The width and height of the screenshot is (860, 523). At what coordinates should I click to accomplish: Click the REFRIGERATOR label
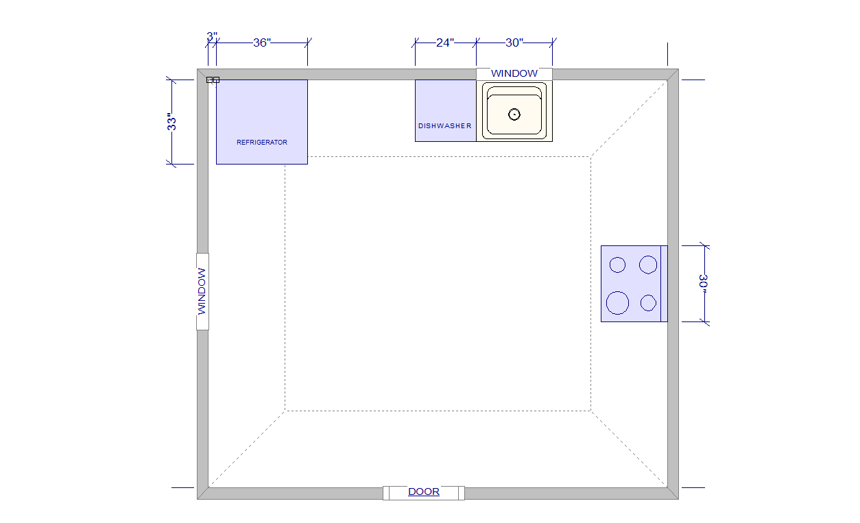tap(262, 143)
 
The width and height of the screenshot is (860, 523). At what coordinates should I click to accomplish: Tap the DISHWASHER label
tap(444, 126)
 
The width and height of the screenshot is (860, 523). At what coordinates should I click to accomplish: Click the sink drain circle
tap(514, 114)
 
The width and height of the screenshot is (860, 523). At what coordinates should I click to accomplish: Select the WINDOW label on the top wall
tap(514, 73)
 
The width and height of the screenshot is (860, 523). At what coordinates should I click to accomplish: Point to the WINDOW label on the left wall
tap(202, 291)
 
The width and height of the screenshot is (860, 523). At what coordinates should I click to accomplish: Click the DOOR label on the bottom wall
tap(423, 491)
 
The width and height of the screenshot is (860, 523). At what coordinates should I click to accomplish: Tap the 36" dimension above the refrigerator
tap(262, 42)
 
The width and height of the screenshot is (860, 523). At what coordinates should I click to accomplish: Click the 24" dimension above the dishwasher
tap(445, 42)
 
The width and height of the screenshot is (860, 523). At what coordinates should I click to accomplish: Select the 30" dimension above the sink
tap(514, 42)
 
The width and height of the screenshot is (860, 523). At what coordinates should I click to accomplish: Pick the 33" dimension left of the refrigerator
tap(171, 121)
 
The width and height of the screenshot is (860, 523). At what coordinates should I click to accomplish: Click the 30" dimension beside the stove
tap(704, 284)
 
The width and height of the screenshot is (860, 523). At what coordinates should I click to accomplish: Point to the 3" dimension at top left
tap(212, 36)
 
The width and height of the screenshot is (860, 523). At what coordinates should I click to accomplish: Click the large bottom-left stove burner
tap(617, 303)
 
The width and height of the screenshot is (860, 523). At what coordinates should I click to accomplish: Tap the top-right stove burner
tap(648, 265)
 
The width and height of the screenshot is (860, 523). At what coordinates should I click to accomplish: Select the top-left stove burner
tap(617, 265)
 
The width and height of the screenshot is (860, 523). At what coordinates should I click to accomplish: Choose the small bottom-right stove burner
tap(649, 303)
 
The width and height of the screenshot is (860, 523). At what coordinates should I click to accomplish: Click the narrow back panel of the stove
tap(664, 284)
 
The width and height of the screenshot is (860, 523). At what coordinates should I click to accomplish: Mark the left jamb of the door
tap(386, 493)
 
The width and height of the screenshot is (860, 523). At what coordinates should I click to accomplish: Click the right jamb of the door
tap(462, 493)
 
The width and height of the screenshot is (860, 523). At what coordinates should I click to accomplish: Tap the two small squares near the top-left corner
tap(213, 80)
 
